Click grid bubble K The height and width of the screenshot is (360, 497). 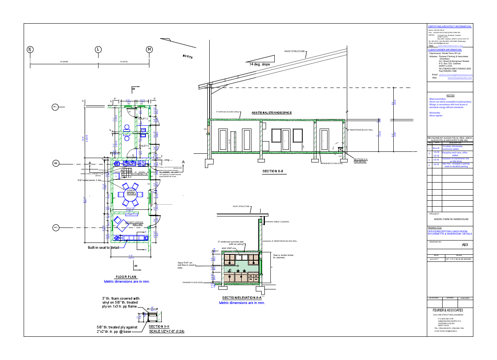click(x=30, y=49)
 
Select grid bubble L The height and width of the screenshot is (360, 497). click(x=98, y=49)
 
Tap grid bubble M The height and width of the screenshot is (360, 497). click(x=149, y=49)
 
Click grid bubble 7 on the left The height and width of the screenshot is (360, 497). click(x=56, y=107)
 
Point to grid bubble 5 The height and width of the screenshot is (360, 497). click(x=56, y=228)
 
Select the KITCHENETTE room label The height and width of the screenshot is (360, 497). click(x=139, y=174)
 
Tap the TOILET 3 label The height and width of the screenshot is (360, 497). click(x=142, y=119)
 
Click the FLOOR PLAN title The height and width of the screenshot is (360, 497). click(x=126, y=277)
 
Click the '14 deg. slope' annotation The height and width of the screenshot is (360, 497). click(x=260, y=64)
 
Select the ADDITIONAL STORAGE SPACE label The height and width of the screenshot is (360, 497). click(x=272, y=113)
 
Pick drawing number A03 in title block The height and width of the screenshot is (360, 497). click(x=464, y=245)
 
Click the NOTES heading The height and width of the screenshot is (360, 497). click(x=450, y=95)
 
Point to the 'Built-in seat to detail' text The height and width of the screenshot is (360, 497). click(x=103, y=247)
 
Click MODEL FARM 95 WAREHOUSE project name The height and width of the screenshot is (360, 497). click(x=451, y=219)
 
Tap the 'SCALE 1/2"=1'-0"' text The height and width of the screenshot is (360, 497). click(x=166, y=331)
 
